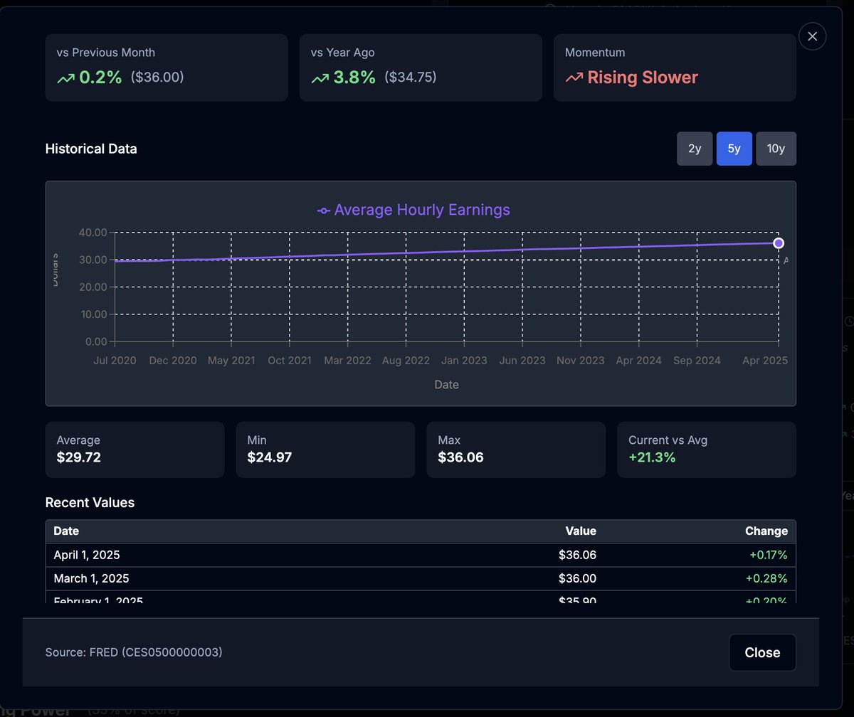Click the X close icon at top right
tap(812, 36)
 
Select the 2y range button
tap(695, 149)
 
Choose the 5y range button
tap(734, 149)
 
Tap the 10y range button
tap(776, 149)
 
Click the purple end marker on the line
tap(779, 243)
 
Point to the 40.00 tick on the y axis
tap(91, 233)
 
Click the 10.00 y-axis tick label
tap(91, 314)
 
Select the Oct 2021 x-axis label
tap(289, 361)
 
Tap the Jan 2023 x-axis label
tap(464, 361)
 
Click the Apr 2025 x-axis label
tap(766, 361)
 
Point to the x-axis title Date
tap(446, 385)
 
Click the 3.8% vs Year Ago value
tap(354, 78)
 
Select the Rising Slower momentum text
tap(642, 78)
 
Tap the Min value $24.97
tap(269, 457)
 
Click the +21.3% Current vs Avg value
tap(652, 457)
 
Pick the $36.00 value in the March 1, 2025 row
tap(577, 578)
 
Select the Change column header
tap(766, 531)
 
